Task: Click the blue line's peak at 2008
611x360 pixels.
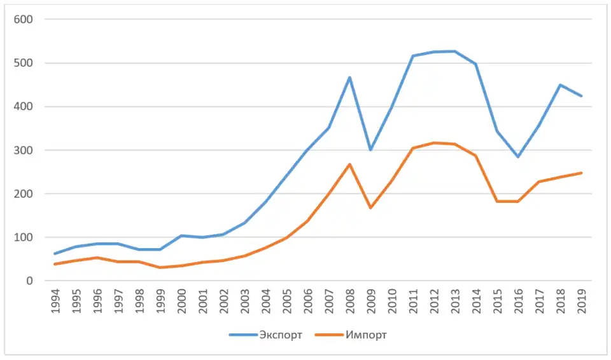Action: [x=349, y=78]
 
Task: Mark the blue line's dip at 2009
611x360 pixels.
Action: [x=370, y=149]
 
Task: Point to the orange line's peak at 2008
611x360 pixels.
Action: [x=349, y=164]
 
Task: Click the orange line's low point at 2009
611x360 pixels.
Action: [x=370, y=207]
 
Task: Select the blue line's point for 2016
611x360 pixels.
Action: [x=518, y=156]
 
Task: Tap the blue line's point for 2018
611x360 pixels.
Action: [x=560, y=85]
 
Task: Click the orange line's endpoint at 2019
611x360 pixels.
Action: [x=581, y=173]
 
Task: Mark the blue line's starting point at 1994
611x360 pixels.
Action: [x=55, y=254]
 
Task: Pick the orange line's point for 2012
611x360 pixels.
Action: [x=433, y=142]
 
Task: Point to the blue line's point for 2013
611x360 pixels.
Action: [x=454, y=51]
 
